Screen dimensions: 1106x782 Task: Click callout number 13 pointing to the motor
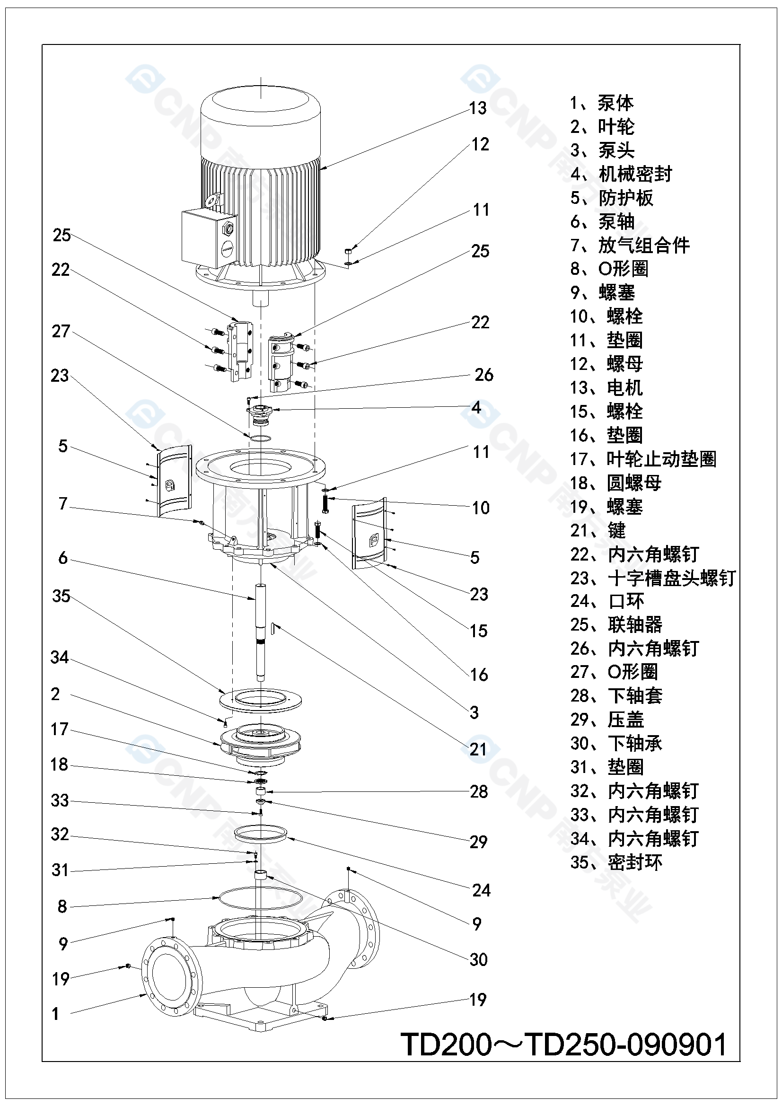477,108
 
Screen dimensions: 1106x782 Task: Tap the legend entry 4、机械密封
621,175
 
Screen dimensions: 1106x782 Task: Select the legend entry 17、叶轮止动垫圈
643,459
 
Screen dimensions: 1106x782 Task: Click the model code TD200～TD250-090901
563,1045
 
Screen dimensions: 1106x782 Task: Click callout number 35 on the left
61,597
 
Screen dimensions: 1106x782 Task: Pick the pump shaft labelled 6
260,631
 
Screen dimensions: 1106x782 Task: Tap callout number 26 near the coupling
484,375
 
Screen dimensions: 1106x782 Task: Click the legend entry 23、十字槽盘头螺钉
652,578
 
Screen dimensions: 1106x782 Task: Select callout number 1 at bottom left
55,1013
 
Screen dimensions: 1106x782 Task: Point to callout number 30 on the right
478,959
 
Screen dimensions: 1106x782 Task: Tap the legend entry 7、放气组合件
630,246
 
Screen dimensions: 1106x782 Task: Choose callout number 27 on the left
61,332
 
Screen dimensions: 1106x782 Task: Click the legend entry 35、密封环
616,862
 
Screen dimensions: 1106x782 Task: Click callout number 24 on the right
481,890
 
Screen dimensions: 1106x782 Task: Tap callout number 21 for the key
478,749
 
